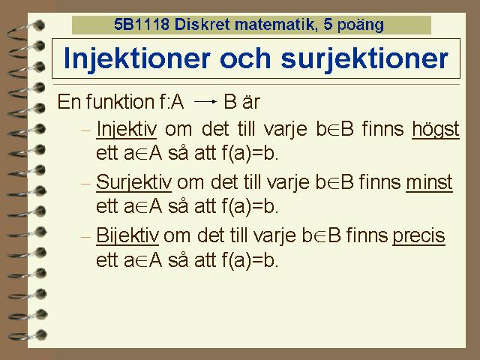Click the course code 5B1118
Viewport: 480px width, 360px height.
pos(142,24)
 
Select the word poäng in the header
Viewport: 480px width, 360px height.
pos(360,25)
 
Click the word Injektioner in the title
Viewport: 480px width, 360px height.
pos(137,59)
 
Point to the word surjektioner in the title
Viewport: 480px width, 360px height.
pos(364,59)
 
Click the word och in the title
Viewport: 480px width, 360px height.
pos(245,59)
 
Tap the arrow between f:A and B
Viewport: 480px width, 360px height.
pos(205,102)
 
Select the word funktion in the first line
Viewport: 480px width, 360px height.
pos(120,101)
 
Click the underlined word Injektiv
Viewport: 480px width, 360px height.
pos(127,130)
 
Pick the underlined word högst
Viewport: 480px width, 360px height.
pos(436,130)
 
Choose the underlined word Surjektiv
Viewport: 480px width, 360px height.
pos(133,182)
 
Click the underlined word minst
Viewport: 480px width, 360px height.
pos(429,182)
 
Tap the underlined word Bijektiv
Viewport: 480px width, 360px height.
pos(127,236)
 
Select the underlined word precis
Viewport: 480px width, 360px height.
pos(418,236)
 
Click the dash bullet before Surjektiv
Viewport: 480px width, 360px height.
pos(86,184)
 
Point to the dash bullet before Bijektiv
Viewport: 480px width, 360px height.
pos(86,237)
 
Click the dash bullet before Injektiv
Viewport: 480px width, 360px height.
pos(86,130)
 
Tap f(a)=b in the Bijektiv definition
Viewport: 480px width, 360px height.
pos(250,260)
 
